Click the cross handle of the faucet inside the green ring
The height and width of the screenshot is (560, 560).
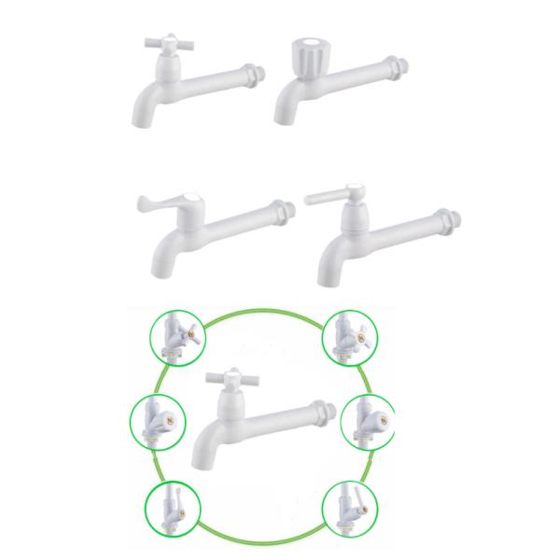229,378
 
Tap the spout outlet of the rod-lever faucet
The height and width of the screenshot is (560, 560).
328,275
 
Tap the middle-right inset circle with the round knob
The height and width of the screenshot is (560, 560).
367,424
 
